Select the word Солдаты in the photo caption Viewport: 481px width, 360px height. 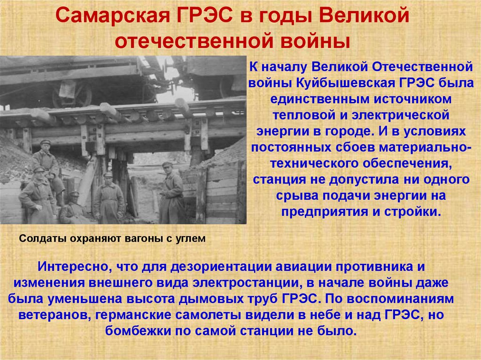pyautogui.click(x=39, y=238)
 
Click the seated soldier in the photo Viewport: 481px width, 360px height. pyautogui.click(x=73, y=208)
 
